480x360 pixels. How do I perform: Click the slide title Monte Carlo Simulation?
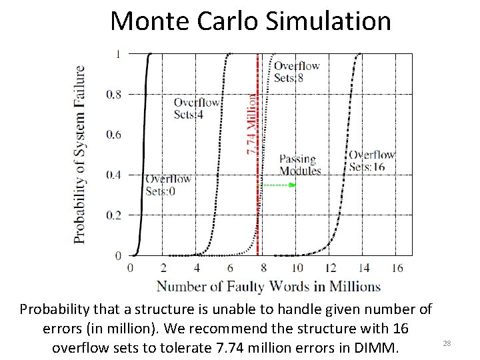251,21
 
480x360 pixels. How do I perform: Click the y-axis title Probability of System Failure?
79,154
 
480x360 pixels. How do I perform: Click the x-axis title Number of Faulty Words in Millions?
269,287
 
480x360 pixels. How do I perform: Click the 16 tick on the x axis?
397,268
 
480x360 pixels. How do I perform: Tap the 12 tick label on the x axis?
330,268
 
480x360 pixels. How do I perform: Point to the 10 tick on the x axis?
297,268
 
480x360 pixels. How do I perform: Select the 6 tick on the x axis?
230,268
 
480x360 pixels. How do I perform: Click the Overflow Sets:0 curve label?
169,185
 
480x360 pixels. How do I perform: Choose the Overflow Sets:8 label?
297,71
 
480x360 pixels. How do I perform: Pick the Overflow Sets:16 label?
372,161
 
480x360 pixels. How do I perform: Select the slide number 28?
447,343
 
